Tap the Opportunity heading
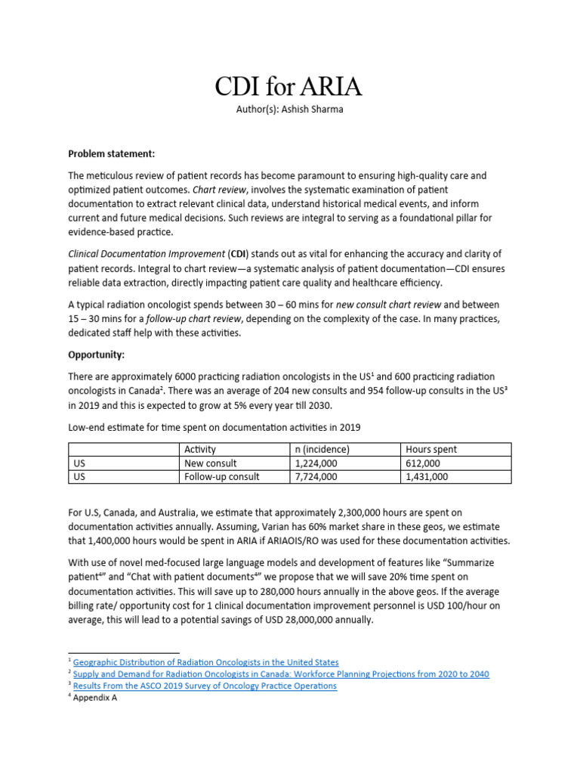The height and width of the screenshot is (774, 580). tap(97, 354)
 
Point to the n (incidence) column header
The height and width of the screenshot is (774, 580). tap(322, 449)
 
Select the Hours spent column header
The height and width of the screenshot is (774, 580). tap(431, 449)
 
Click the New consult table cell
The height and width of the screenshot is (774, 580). tap(211, 463)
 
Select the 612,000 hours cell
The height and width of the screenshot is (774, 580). tap(423, 463)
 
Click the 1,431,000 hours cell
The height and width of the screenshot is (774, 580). tap(427, 476)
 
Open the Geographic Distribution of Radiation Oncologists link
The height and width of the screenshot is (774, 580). tap(206, 662)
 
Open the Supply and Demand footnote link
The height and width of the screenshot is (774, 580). tap(281, 674)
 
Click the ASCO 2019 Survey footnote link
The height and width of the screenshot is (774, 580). tap(205, 686)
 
